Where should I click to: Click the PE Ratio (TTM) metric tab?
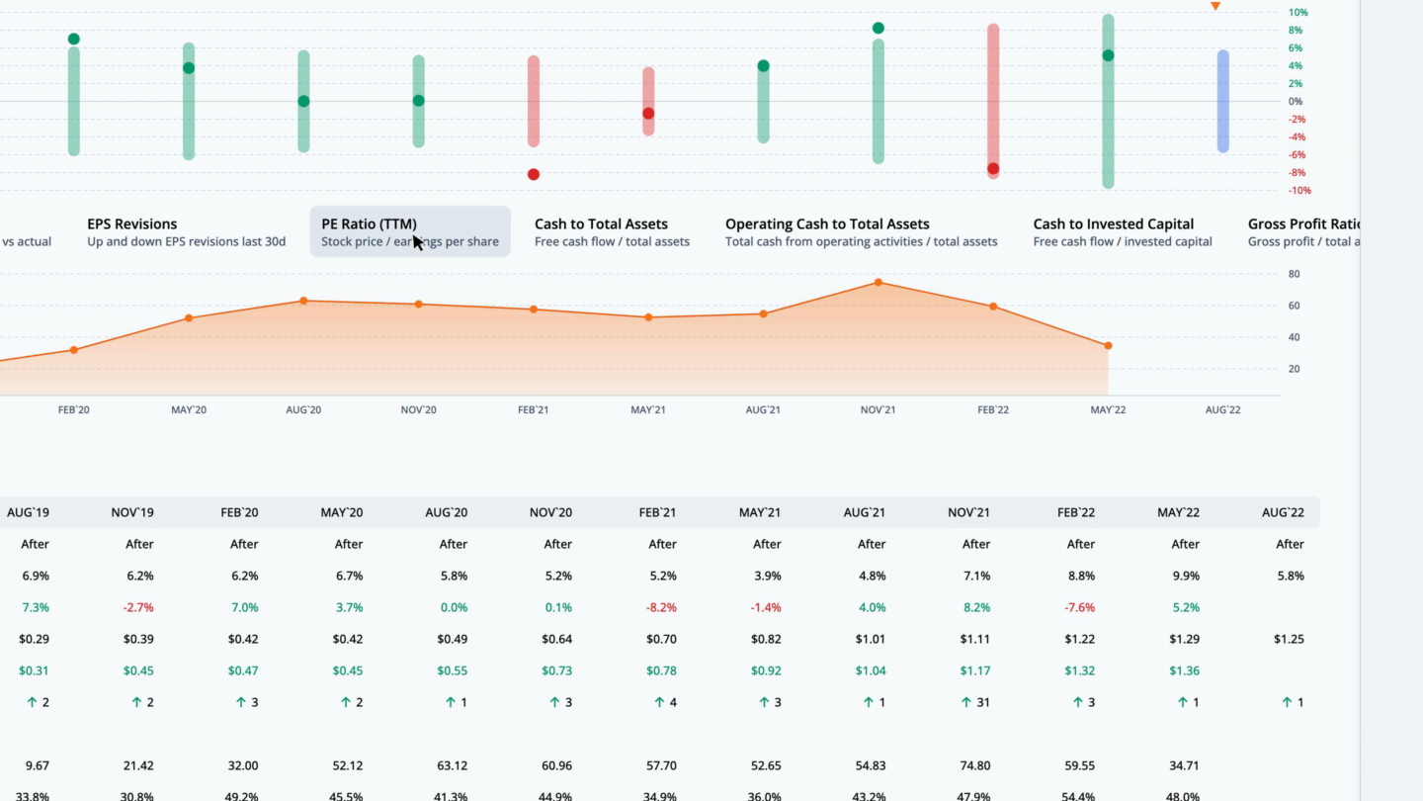(x=409, y=231)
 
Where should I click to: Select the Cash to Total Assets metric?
(x=612, y=231)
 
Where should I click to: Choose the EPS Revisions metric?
(x=186, y=231)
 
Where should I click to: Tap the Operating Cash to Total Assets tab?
(x=861, y=231)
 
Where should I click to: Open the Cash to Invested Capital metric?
(x=1122, y=231)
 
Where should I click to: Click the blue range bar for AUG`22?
(x=1223, y=101)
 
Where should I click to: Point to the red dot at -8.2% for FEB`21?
(x=534, y=175)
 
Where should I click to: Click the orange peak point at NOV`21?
(x=879, y=283)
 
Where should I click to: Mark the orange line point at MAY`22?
(x=1108, y=346)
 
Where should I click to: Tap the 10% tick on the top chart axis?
(x=1297, y=13)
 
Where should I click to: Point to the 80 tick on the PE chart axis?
(x=1295, y=274)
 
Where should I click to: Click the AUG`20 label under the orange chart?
(x=302, y=410)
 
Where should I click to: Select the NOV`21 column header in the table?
(x=975, y=512)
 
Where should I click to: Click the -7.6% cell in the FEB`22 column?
(x=1080, y=607)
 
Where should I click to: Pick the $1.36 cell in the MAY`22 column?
(x=1184, y=670)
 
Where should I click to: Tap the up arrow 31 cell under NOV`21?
(x=975, y=702)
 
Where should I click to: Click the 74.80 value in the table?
(x=975, y=765)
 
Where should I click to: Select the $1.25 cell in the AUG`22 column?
(x=1289, y=639)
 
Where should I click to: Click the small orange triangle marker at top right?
(x=1215, y=7)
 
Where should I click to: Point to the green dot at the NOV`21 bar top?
(x=879, y=29)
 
